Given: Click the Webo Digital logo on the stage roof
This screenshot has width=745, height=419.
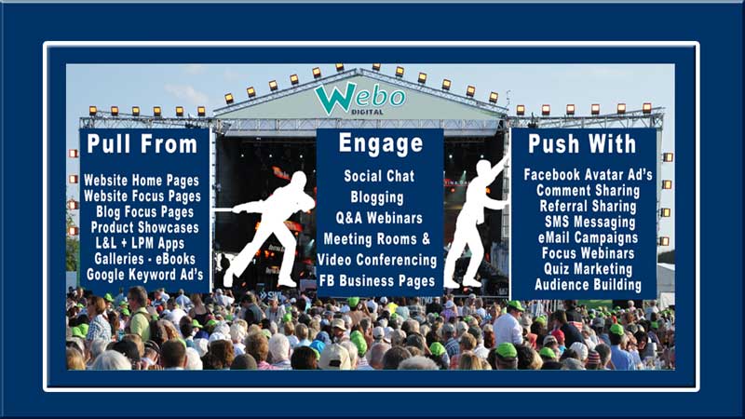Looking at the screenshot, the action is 359,99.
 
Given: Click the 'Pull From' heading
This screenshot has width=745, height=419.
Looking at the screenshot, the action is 142,144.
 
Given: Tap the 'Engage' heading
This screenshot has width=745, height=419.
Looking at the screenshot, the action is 381,143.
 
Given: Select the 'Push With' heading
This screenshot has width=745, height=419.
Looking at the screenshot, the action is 582,143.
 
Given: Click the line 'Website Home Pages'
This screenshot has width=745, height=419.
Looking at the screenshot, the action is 142,181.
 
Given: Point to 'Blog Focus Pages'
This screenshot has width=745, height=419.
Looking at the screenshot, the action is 145,212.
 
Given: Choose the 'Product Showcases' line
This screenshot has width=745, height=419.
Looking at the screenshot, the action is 145,227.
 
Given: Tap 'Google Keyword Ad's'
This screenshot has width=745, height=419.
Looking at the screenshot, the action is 145,275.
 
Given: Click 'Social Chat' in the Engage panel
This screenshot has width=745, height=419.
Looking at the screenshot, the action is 379,176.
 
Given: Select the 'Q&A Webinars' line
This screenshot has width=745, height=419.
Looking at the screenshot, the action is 379,218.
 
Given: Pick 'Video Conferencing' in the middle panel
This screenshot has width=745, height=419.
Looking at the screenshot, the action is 377,260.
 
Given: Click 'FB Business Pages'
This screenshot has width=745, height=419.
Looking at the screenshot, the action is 377,281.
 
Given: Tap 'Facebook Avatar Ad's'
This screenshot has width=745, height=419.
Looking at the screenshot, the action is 589,174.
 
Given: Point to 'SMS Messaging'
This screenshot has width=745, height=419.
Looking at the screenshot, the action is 590,222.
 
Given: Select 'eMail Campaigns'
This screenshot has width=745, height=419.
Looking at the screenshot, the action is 589,237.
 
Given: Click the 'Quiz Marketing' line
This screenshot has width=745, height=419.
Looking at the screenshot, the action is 589,269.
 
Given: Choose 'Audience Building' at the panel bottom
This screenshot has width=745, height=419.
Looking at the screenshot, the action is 589,285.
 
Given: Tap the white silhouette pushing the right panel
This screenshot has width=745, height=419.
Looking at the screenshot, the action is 475,223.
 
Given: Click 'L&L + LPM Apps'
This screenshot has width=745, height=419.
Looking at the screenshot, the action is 140,243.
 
